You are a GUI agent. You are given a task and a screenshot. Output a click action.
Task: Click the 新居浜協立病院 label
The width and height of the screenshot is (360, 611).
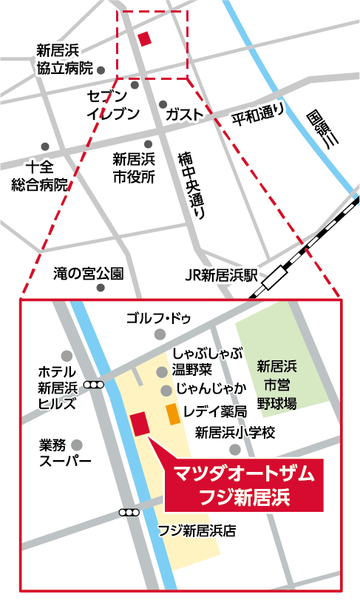tap(64, 59)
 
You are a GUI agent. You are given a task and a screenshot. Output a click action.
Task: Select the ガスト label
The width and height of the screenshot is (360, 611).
tap(184, 114)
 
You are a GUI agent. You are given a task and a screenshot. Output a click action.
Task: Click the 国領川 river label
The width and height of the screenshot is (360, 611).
tap(322, 132)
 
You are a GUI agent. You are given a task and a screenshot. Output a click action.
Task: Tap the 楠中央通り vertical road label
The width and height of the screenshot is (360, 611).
tap(191, 184)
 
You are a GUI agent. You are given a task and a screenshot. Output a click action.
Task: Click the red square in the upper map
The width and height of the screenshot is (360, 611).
tap(145, 38)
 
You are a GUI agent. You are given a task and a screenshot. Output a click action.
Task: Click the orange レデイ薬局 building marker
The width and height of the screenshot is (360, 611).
tap(171, 414)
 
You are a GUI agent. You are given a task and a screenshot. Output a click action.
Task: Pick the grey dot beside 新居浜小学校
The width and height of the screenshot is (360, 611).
tap(234, 449)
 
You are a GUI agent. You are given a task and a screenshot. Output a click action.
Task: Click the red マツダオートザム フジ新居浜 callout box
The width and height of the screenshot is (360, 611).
tap(243, 485)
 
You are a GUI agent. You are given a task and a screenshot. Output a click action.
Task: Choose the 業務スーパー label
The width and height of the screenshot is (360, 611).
tap(65, 453)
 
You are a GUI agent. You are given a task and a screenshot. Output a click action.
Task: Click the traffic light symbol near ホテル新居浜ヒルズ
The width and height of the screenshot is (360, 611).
tap(95, 385)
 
